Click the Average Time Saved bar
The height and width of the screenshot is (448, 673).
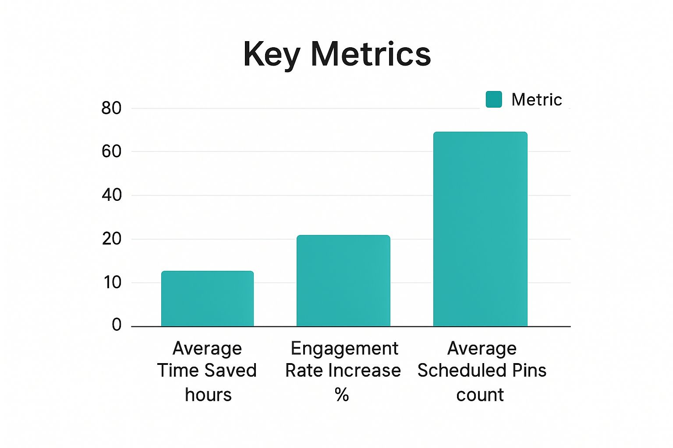tap(207, 298)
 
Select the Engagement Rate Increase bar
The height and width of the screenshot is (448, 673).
tap(343, 280)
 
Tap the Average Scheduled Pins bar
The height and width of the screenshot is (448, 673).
tap(480, 229)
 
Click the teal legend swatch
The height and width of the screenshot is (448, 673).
tap(494, 99)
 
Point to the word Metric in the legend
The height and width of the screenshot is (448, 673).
tap(536, 100)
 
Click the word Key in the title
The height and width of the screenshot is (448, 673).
tap(272, 55)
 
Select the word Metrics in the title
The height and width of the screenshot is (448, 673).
tap(371, 54)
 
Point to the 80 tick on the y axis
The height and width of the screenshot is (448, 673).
tap(111, 108)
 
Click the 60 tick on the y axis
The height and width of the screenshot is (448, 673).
tap(111, 151)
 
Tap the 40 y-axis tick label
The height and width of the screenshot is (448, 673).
tap(111, 195)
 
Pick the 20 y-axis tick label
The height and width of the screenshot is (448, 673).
tap(111, 239)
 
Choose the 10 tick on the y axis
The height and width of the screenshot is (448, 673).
tap(112, 283)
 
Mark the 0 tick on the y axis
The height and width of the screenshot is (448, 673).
tap(117, 325)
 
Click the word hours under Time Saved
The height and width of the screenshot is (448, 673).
tap(208, 395)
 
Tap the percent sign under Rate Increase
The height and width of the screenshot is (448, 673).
tap(342, 395)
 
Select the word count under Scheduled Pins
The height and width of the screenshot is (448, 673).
tap(480, 395)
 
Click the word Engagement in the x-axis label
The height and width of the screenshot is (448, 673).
tap(344, 349)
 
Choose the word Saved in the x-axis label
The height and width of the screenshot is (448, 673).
tap(232, 371)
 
